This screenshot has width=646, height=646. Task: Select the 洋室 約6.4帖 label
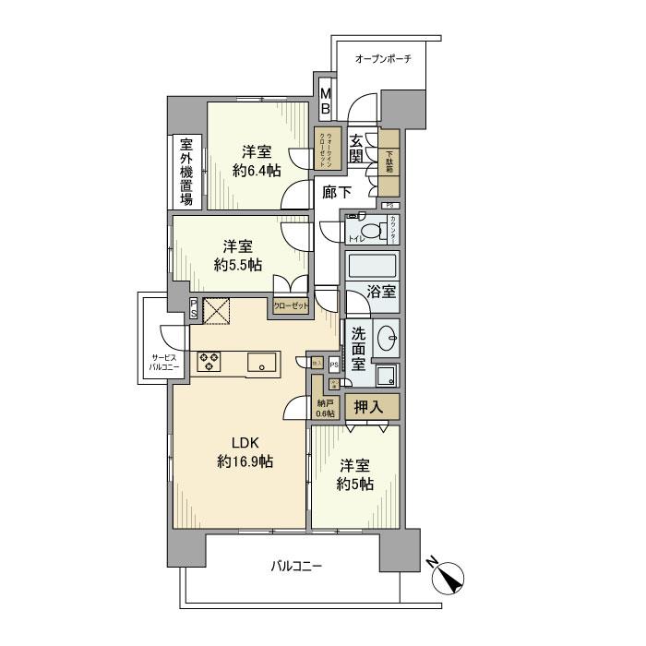257,161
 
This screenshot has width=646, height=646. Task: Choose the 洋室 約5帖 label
355,473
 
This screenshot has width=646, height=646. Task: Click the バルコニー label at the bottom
296,566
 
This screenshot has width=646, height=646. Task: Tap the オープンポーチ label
383,58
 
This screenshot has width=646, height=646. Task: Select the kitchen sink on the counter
264,363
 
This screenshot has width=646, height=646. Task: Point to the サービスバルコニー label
168,361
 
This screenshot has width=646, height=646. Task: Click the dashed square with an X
218,313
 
